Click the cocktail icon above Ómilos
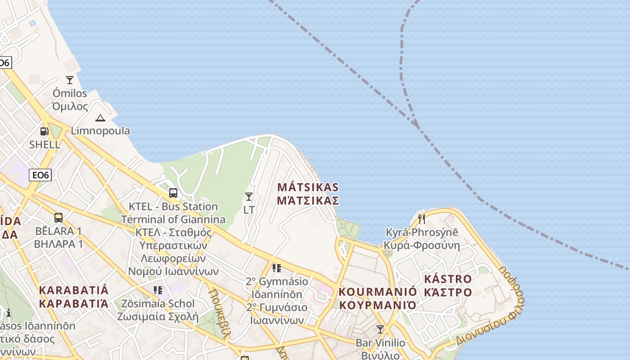click(x=70, y=80)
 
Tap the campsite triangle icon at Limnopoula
click(x=100, y=118)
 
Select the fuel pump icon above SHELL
click(x=45, y=131)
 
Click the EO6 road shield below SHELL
click(x=40, y=175)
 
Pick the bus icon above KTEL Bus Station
click(x=173, y=193)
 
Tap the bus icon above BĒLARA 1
click(x=58, y=218)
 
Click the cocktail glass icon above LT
click(x=248, y=197)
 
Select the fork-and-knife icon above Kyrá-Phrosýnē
click(x=422, y=219)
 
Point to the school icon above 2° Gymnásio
click(x=277, y=269)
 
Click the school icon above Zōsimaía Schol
click(x=157, y=290)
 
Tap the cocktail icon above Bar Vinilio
click(x=380, y=329)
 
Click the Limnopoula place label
click(x=100, y=131)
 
